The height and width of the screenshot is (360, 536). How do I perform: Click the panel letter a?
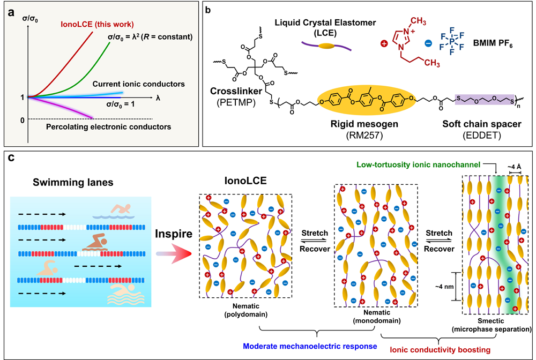pos(11,11)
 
